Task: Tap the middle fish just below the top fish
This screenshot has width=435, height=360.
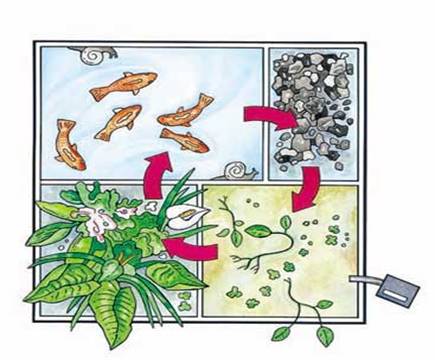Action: [118, 121]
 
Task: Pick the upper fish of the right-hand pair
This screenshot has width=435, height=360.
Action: [188, 111]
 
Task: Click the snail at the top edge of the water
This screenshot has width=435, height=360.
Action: [99, 49]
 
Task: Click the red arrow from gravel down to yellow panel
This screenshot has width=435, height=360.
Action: [304, 185]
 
